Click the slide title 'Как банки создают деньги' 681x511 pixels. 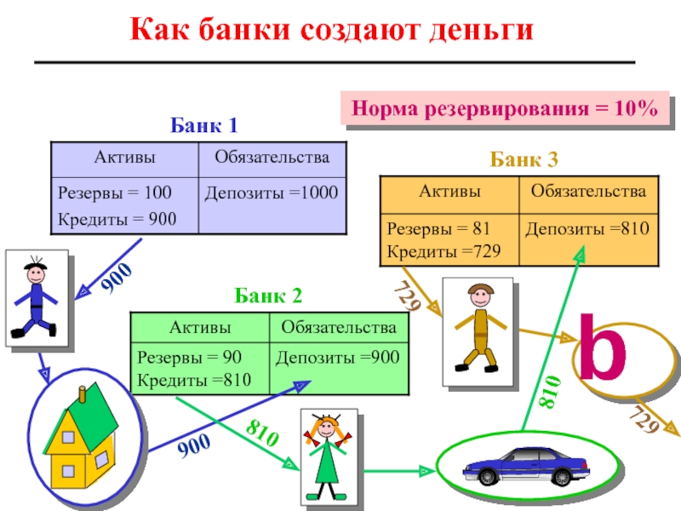coord(331,31)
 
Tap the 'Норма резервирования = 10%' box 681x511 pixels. coord(505,110)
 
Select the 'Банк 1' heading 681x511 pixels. coord(203,126)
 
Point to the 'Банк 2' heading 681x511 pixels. coord(268,296)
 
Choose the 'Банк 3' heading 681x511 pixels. coord(524,158)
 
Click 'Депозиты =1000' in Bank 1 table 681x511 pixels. coord(272,193)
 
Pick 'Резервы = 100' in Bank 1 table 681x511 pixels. coord(103,193)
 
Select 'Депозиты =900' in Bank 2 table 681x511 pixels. coord(337,358)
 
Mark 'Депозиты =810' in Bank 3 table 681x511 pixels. coord(587,228)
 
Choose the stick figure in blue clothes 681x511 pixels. coord(35,297)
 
